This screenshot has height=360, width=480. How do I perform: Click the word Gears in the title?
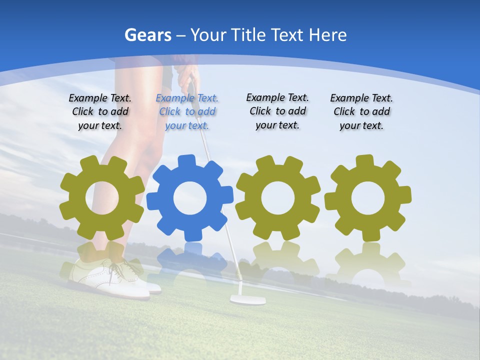pos(147,35)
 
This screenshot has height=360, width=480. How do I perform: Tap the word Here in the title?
pos(327,35)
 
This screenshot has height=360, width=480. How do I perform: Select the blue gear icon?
pos(189,198)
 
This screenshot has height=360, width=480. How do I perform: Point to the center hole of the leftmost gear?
pos(102,198)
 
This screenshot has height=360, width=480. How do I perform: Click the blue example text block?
pos(187,112)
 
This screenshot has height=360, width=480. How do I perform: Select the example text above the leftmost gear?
pos(100,112)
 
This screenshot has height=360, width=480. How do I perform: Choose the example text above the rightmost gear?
pos(361,112)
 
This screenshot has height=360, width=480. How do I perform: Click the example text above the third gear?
pos(277,111)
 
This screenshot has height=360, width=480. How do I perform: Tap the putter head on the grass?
pos(247,299)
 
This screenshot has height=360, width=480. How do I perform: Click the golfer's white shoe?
pos(112,277)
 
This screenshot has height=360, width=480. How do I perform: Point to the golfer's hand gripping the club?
pos(186,77)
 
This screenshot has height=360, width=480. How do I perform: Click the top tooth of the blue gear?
pos(186,161)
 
